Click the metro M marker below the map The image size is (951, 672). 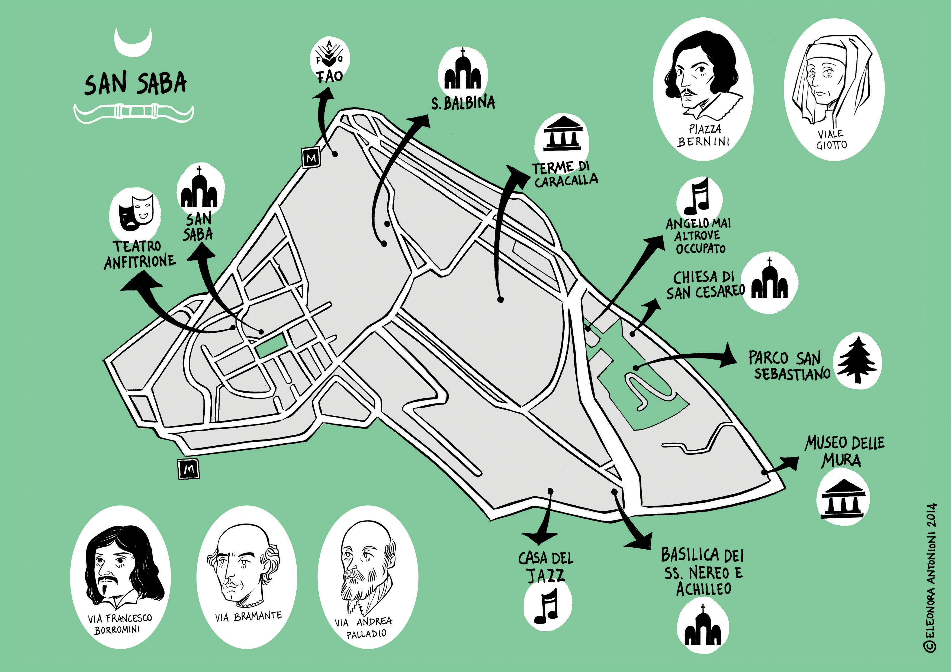tap(188, 469)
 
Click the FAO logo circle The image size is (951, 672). tap(330, 58)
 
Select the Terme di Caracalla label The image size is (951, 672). tap(565, 174)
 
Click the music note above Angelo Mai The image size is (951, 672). tap(699, 196)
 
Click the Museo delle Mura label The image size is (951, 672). tap(844, 451)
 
